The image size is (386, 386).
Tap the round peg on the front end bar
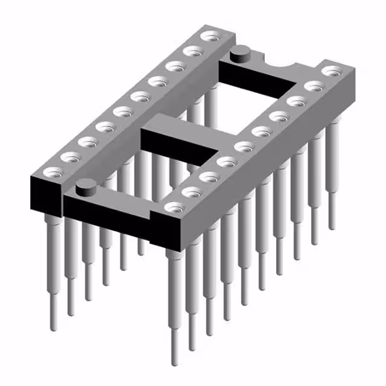86,186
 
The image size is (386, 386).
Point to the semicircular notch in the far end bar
283,61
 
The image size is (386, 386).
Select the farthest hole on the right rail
330,71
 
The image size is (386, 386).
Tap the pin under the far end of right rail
332,181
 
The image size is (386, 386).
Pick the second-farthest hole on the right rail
312,86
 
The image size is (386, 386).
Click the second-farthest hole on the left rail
192,50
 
